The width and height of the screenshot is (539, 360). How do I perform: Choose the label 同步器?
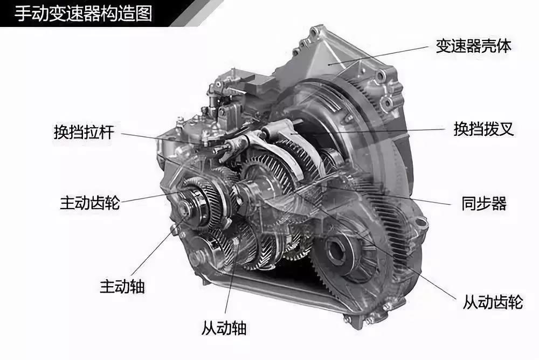click(x=484, y=204)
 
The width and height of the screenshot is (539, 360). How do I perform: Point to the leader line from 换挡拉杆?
click(x=162, y=137)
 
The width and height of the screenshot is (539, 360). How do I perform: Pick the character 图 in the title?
click(x=143, y=13)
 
